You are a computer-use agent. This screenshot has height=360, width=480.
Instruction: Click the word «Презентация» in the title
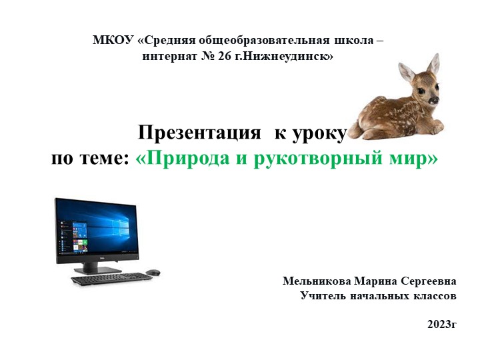pyautogui.click(x=199, y=133)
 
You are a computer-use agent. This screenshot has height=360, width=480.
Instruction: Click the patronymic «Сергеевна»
pyautogui.click(x=431, y=281)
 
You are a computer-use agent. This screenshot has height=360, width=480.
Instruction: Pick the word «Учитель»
pyautogui.click(x=324, y=295)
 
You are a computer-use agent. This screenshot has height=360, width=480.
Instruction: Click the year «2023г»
pyautogui.click(x=441, y=325)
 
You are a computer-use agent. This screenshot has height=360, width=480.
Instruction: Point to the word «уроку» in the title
pyautogui.click(x=316, y=133)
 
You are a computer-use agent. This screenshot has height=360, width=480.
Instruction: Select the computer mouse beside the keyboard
pyautogui.click(x=153, y=273)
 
